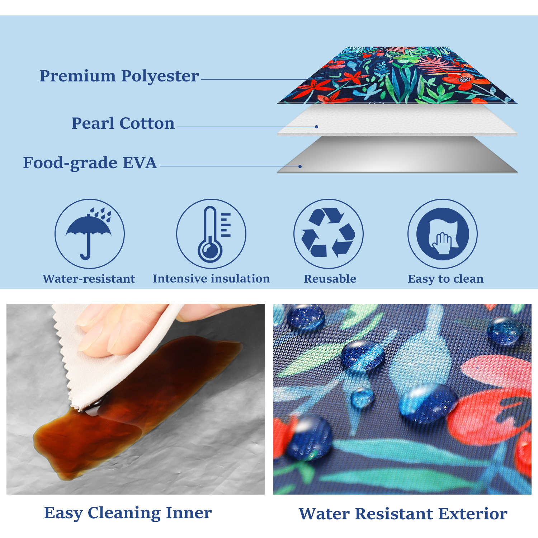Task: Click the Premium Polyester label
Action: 119,76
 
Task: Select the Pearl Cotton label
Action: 123,123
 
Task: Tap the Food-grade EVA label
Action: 90,163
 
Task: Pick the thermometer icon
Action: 214,234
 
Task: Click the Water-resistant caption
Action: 89,279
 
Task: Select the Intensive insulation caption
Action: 211,279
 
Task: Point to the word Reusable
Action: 330,279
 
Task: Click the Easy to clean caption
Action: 445,279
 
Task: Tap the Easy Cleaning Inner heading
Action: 128,513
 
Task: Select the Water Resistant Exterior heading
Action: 403,514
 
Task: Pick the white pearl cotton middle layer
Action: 397,120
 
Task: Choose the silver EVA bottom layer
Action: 397,154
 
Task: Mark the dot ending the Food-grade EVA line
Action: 300,166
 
